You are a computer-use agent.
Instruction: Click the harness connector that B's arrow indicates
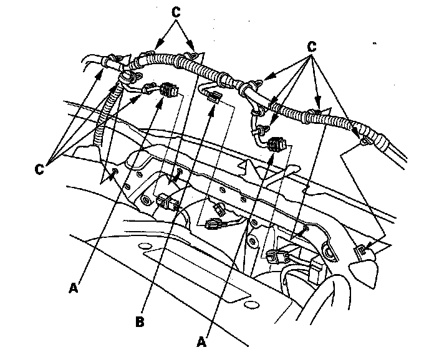[213, 96]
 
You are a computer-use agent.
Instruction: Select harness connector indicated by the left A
[168, 92]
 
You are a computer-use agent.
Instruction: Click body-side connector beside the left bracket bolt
[166, 202]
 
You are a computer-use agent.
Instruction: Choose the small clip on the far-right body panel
[360, 251]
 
